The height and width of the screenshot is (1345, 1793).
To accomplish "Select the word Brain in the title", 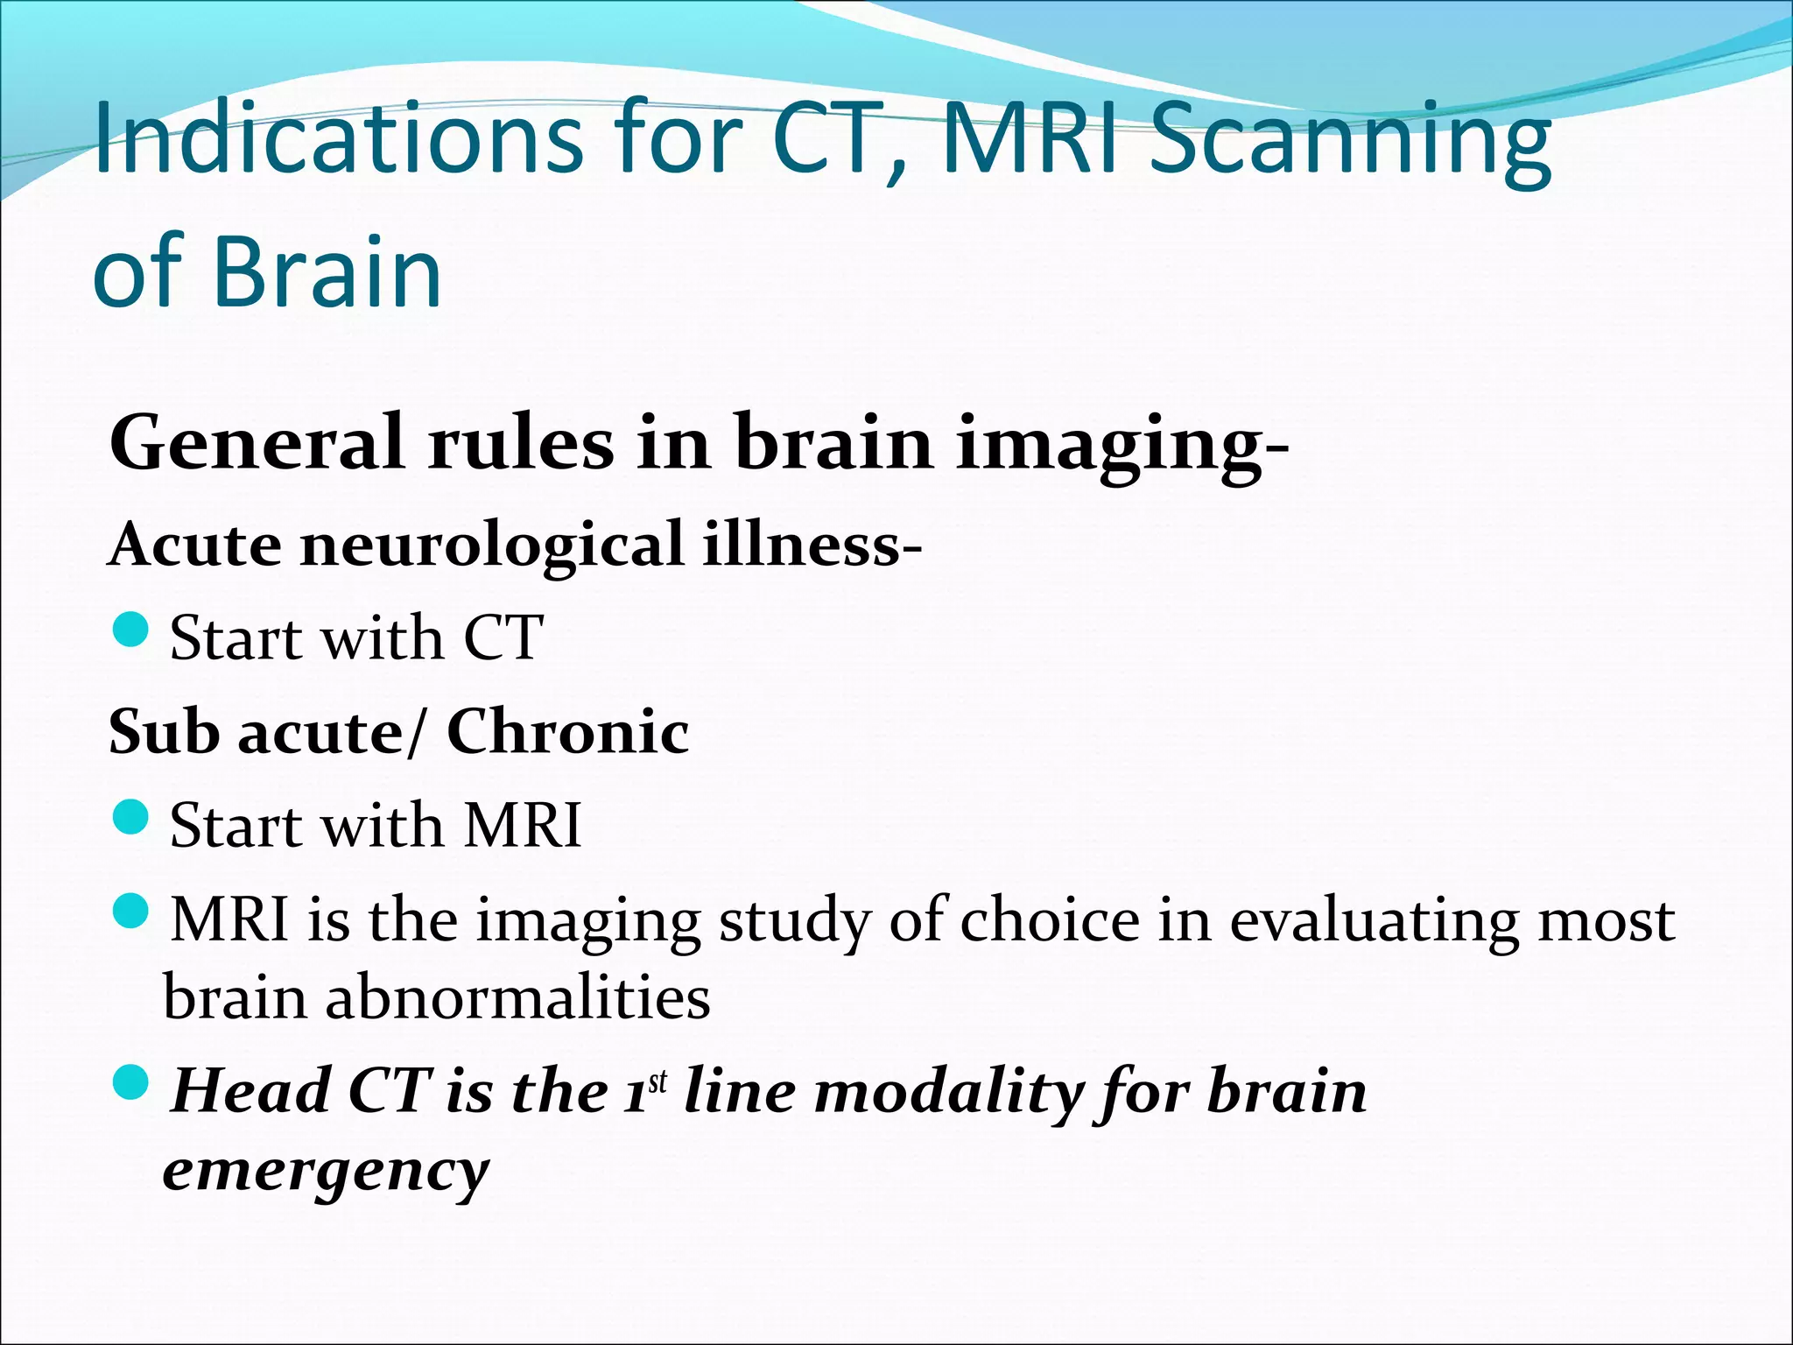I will click(x=327, y=272).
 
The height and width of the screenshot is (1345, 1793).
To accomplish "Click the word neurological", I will click(x=491, y=545).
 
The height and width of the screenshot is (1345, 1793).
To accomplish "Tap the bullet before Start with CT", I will click(x=132, y=630).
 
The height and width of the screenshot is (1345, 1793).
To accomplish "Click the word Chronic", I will click(x=567, y=732).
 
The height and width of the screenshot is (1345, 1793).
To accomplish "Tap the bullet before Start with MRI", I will click(x=132, y=817).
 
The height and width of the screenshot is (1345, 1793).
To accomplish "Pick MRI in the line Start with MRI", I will click(x=523, y=825).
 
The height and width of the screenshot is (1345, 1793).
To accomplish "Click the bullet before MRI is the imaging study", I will click(x=132, y=912).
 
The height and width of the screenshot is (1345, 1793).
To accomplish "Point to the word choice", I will click(x=1050, y=920).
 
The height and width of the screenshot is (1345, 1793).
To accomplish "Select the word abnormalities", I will click(x=517, y=997).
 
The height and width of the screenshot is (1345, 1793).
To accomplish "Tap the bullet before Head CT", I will click(x=132, y=1083).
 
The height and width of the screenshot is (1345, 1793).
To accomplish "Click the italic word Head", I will click(x=250, y=1091).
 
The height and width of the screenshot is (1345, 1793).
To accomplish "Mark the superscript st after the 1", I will click(x=657, y=1081).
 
